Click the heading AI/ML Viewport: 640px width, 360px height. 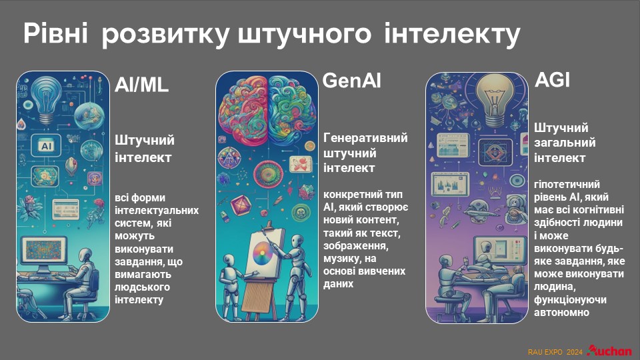pyautogui.click(x=141, y=85)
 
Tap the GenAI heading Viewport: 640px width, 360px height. pyautogui.click(x=352, y=81)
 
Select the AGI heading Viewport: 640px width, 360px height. pyautogui.click(x=552, y=79)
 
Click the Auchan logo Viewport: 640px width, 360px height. pyautogui.click(x=609, y=351)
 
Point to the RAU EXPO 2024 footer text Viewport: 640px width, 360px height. pyautogui.click(x=555, y=352)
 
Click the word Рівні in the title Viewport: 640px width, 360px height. pyautogui.click(x=55, y=33)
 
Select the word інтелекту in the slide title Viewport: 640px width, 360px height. pyautogui.click(x=452, y=34)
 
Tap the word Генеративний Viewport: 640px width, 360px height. pyautogui.click(x=365, y=138)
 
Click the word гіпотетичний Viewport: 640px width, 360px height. pyautogui.click(x=567, y=185)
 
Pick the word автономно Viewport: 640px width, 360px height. pyautogui.click(x=561, y=313)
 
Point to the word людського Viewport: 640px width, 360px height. pyautogui.click(x=142, y=287)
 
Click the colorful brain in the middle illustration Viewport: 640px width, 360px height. pyautogui.click(x=267, y=105)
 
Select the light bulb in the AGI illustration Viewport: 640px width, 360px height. pyautogui.click(x=495, y=99)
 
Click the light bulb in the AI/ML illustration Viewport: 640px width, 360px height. pyautogui.click(x=45, y=99)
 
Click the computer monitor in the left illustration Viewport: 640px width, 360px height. pyautogui.click(x=44, y=252)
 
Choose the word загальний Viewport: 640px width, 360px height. pyautogui.click(x=565, y=143)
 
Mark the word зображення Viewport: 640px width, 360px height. pyautogui.click(x=356, y=246)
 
